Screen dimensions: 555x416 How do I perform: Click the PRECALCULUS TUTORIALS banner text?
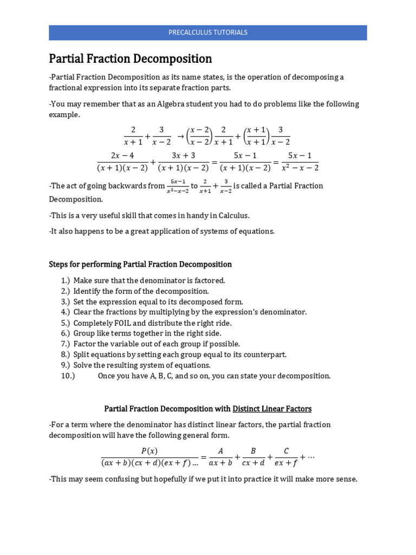[208, 33]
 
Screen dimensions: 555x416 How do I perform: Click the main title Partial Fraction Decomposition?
[131, 59]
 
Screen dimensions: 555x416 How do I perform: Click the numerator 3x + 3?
[183, 156]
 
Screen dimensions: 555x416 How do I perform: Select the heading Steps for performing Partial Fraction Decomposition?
[140, 264]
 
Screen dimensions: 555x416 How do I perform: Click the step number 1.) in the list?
[66, 281]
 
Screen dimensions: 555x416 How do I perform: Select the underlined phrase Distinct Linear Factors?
[272, 408]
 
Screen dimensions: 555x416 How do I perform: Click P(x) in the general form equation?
[149, 450]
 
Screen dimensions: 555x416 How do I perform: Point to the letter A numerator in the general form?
[220, 450]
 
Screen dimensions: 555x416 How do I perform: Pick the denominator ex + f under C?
[287, 463]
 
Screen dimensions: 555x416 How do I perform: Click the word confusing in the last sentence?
[118, 479]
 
